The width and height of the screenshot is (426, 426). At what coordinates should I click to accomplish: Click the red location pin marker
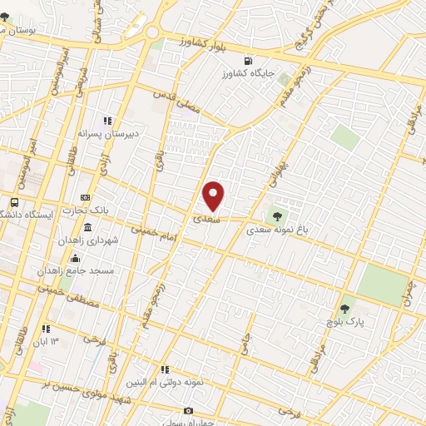[214, 196]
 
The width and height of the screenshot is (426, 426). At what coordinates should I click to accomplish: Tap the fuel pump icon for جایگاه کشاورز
[247, 62]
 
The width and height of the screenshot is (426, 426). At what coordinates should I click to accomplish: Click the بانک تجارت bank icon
[85, 198]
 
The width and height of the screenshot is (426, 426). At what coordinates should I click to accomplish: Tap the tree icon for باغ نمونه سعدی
[278, 217]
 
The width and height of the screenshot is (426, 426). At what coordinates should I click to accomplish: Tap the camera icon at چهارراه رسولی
[188, 411]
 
